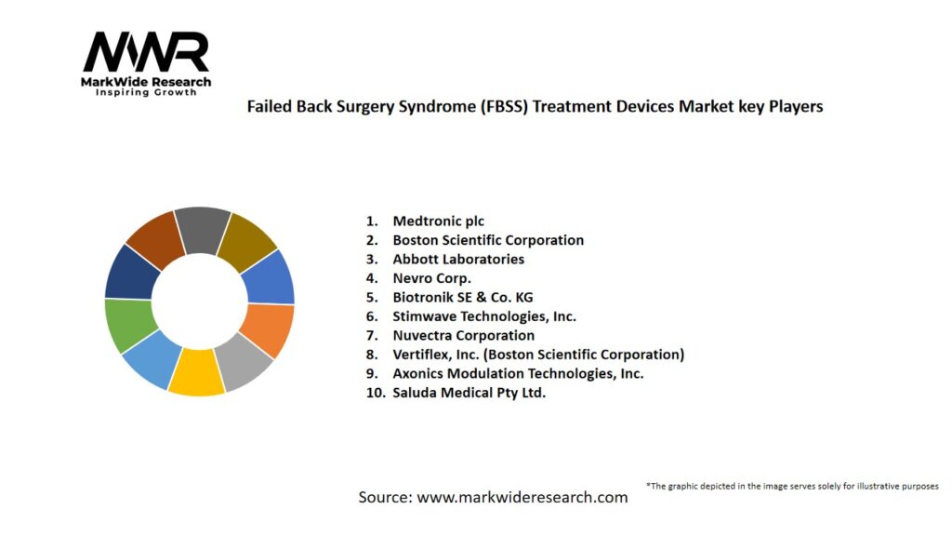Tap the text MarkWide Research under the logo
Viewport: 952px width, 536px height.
tap(146, 82)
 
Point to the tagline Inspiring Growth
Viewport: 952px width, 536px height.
tap(146, 93)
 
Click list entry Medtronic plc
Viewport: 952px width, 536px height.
tap(438, 221)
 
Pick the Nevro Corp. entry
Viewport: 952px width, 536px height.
tap(431, 278)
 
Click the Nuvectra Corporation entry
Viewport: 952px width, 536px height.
tap(463, 335)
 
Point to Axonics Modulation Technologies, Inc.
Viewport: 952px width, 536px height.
tap(518, 373)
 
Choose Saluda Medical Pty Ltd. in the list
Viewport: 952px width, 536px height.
tap(469, 393)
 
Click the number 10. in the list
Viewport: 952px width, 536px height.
tap(375, 393)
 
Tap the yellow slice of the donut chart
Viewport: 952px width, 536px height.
tap(196, 372)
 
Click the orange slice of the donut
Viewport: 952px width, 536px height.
tap(269, 329)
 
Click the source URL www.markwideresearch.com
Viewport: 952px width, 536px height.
tap(522, 497)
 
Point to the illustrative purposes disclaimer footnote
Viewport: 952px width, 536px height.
tap(792, 486)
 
